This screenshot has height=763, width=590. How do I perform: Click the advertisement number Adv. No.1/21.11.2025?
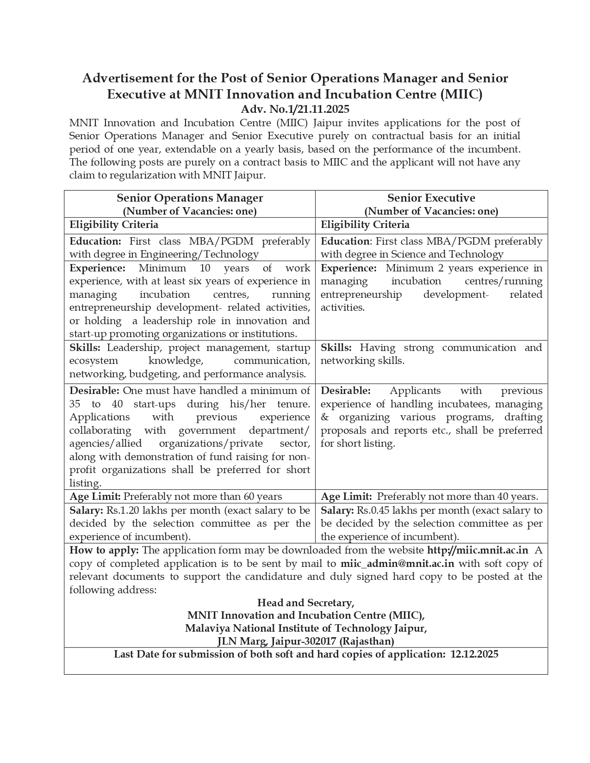pyautogui.click(x=295, y=110)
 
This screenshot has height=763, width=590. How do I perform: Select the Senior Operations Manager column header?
pyautogui.click(x=190, y=198)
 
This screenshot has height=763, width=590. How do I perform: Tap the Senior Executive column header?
pyautogui.click(x=431, y=198)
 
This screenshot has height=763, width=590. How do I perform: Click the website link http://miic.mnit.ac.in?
pyautogui.click(x=477, y=550)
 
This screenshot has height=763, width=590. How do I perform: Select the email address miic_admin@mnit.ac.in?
pyautogui.click(x=397, y=564)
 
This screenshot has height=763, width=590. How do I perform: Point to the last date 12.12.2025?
pyautogui.click(x=474, y=654)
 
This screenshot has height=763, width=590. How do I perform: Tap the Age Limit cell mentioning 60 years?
pyautogui.click(x=175, y=497)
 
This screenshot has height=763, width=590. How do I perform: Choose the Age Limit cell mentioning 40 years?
pyautogui.click(x=429, y=497)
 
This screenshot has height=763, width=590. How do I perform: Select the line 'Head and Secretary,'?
pyautogui.click(x=306, y=603)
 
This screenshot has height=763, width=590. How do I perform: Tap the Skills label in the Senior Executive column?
pyautogui.click(x=336, y=348)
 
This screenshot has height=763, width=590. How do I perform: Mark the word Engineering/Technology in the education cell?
pyautogui.click(x=199, y=254)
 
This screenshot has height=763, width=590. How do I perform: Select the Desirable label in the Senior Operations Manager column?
pyautogui.click(x=94, y=391)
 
